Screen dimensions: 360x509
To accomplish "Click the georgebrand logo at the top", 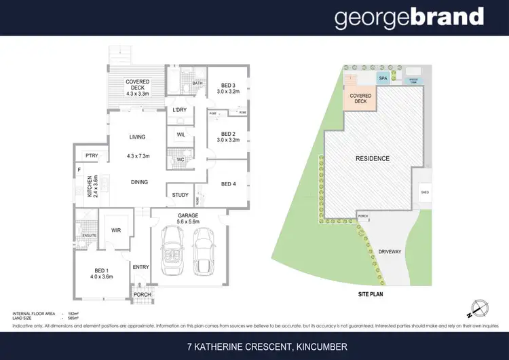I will coord(409,18).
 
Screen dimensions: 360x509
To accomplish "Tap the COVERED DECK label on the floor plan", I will coord(137,87).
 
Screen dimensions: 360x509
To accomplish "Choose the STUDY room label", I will coord(181,195).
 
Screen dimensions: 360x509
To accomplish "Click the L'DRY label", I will coord(180,109).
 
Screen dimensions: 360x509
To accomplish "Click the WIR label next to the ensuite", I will coord(115,231).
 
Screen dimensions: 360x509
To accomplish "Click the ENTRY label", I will coord(141,267).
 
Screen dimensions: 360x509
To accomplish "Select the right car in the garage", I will coord(204,249).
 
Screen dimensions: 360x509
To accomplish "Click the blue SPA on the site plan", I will coord(383,78).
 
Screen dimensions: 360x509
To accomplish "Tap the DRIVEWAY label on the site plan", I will coord(389,251).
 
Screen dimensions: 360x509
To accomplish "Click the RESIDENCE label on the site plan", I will coord(373,158).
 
